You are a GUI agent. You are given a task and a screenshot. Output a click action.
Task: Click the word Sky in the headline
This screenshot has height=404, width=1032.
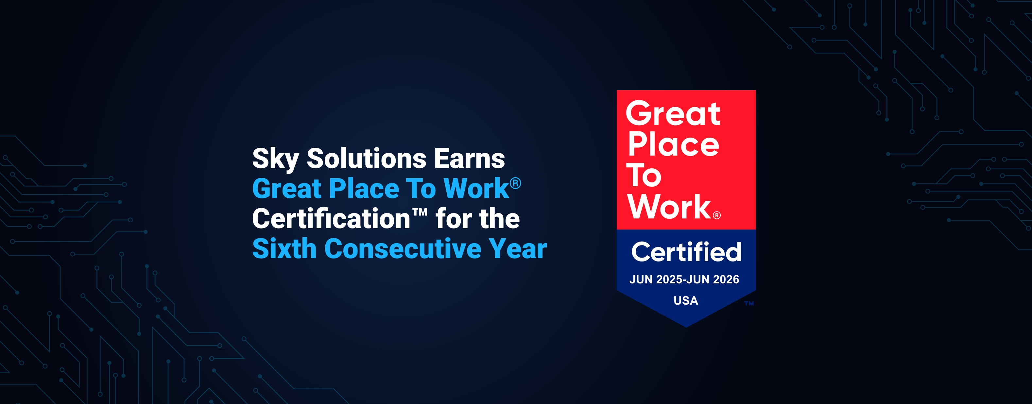tap(276, 160)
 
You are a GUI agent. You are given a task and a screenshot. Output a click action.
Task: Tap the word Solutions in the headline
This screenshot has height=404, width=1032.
tap(366, 158)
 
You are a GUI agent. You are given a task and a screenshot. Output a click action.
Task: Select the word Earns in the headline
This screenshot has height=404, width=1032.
tap(470, 159)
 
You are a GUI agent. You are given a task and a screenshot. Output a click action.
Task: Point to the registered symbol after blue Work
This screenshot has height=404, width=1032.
tap(515, 183)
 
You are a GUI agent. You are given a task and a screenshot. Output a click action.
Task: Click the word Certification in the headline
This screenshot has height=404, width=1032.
tap(331, 219)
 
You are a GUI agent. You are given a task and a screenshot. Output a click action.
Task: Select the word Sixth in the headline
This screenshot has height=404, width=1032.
tap(284, 249)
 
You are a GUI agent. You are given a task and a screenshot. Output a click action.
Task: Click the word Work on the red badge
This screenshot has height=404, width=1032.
tap(669, 207)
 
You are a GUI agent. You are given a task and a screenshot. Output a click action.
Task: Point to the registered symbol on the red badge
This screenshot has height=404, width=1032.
tap(717, 215)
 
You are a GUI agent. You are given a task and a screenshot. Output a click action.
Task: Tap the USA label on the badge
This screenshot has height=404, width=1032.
tap(686, 300)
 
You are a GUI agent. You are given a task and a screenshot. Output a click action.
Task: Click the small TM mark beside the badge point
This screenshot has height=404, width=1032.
tap(749, 303)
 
